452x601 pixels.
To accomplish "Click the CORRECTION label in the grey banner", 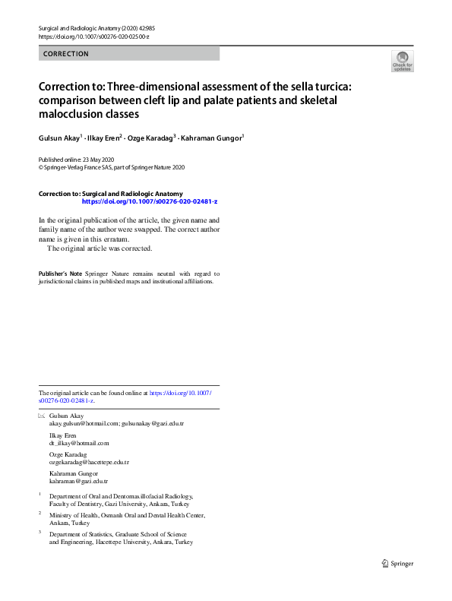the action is (66, 54).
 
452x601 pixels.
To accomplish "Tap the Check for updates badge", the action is (402, 62).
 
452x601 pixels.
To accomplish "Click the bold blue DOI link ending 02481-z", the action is (150, 201).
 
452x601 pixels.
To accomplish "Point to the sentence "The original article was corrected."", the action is (100, 248).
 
